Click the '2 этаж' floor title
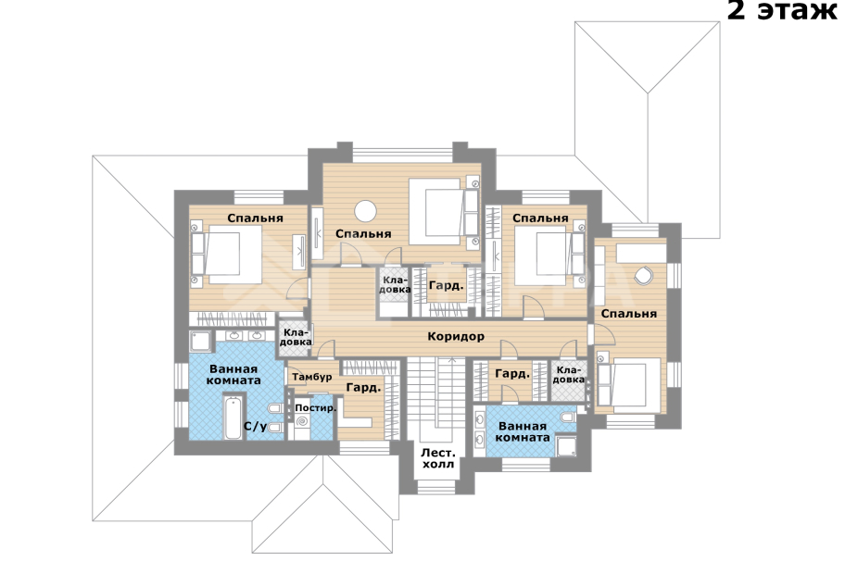[782, 10]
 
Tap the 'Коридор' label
[456, 336]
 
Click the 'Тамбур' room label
[312, 377]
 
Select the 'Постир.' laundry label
[316, 408]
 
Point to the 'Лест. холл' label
[438, 458]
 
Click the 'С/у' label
[256, 426]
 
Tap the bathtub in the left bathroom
[233, 418]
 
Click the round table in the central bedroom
[365, 211]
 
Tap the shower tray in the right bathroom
[566, 446]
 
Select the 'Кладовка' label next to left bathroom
[296, 337]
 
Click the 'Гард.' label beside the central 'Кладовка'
[446, 285]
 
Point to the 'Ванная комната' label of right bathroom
[523, 432]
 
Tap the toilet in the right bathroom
[568, 418]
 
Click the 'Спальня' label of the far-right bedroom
[629, 313]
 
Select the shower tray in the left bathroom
[200, 342]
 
